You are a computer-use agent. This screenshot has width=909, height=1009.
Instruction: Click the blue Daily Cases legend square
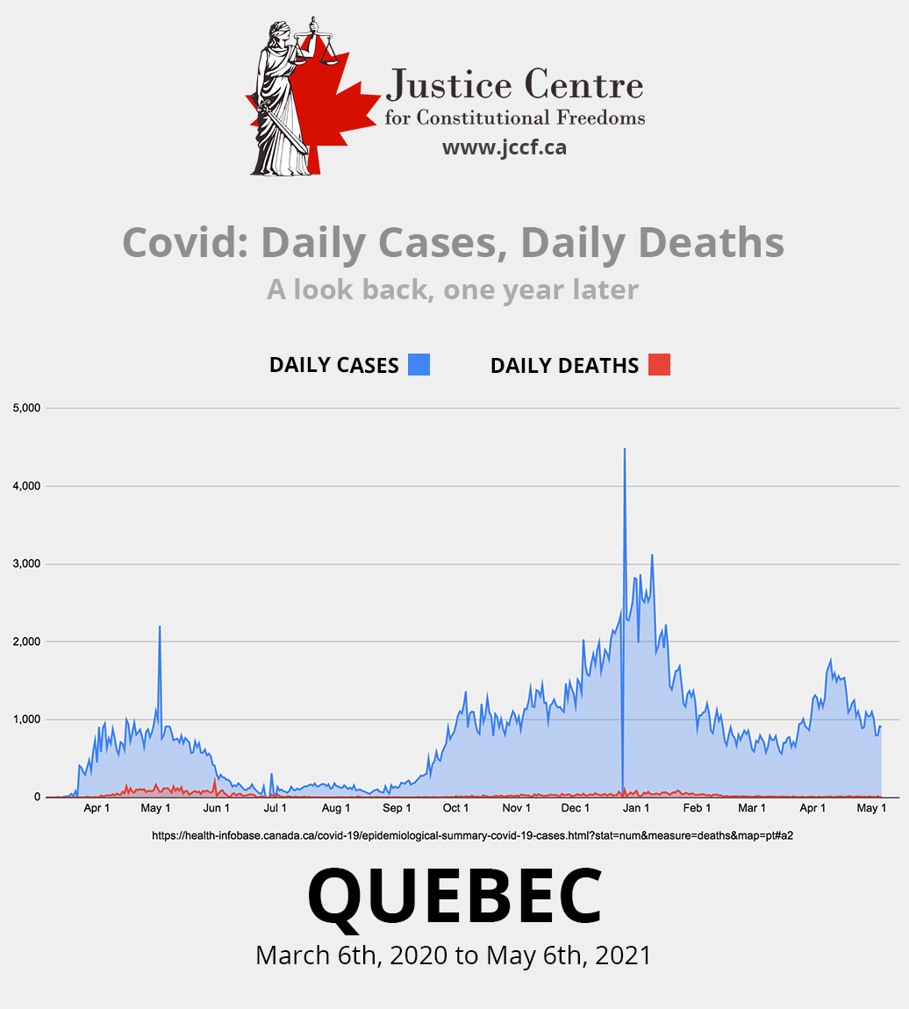[x=419, y=364]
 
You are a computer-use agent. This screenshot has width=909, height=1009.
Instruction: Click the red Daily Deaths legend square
[x=659, y=364]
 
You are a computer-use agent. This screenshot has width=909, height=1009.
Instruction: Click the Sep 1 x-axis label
[x=397, y=808]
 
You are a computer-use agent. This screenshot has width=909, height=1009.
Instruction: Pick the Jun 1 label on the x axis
[x=216, y=808]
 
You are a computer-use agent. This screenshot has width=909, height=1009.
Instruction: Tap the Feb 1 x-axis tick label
[x=698, y=808]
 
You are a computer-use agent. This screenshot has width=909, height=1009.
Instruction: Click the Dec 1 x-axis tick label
[x=576, y=808]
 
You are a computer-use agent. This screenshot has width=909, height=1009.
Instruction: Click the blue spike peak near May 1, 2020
[x=160, y=626]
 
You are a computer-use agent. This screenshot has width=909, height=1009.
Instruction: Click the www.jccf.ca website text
[x=504, y=147]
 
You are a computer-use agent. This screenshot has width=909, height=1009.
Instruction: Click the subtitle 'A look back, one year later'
[x=453, y=290]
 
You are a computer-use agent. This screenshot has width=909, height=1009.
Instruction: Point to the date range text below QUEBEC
[x=454, y=955]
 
